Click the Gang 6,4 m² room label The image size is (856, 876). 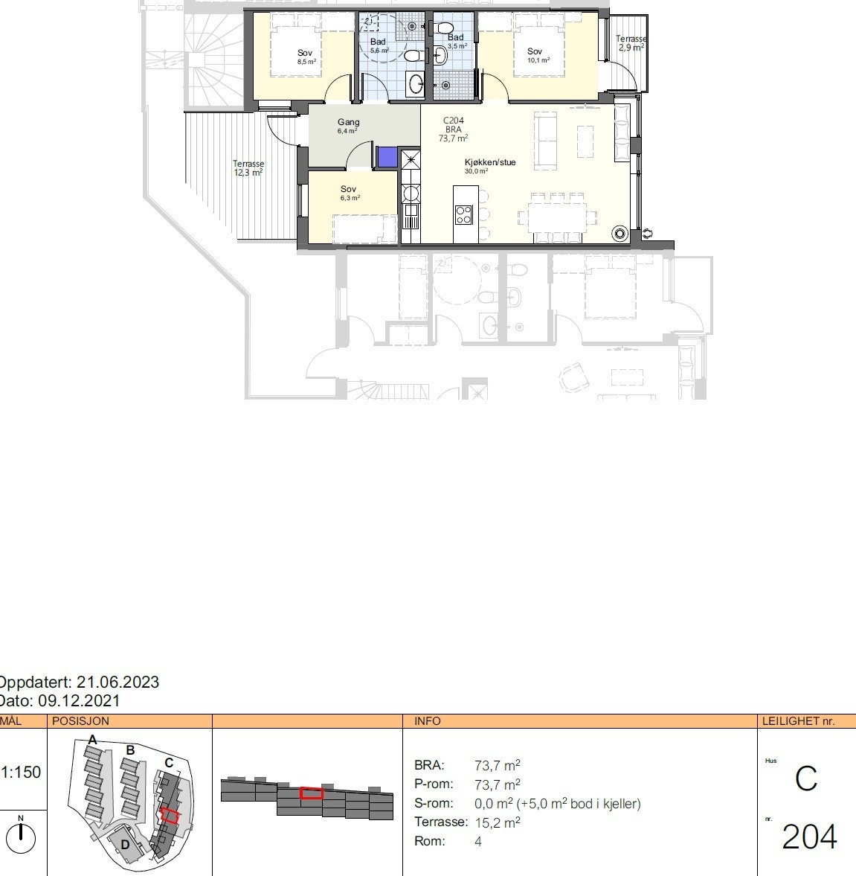tap(348, 126)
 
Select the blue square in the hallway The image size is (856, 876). tap(387, 157)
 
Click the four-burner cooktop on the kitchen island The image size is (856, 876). tap(463, 214)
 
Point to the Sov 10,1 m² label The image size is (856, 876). tap(535, 55)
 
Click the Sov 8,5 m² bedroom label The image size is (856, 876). tap(305, 57)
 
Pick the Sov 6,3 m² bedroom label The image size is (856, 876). tap(349, 193)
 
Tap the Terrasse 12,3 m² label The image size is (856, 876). tap(248, 167)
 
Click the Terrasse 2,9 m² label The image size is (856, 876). tap(631, 42)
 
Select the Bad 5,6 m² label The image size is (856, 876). tap(379, 46)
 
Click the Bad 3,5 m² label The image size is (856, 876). tap(456, 41)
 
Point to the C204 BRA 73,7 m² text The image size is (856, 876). tap(453, 129)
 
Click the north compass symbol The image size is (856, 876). tap(22, 837)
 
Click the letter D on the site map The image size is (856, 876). tap(125, 844)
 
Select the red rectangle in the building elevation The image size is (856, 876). tap(311, 793)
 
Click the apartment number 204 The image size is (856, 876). tap(809, 837)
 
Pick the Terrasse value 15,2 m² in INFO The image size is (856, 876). tap(497, 822)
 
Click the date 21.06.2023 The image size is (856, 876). tap(118, 682)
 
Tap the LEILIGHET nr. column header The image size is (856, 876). tap(798, 720)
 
